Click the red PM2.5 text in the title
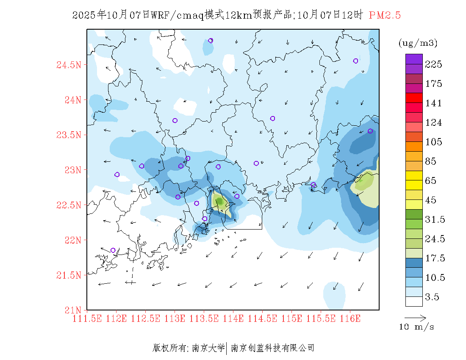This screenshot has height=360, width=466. pyautogui.click(x=385, y=15)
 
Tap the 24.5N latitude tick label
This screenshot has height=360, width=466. pyautogui.click(x=69, y=65)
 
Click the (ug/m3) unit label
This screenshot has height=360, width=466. pyautogui.click(x=418, y=43)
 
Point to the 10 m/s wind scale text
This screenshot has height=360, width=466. pyautogui.click(x=417, y=327)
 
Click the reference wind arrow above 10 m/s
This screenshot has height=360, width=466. pyautogui.click(x=415, y=317)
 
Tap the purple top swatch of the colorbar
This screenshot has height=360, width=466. pyautogui.click(x=414, y=59)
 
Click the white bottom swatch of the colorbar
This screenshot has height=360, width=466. pyautogui.click(x=414, y=301)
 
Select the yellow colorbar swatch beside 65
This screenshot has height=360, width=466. pyautogui.click(x=414, y=175)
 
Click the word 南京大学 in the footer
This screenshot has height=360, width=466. pyautogui.click(x=208, y=348)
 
